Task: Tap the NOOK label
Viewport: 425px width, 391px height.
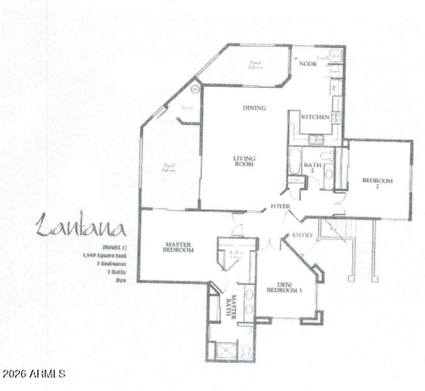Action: pyautogui.click(x=307, y=64)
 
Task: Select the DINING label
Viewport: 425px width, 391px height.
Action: pyautogui.click(x=254, y=108)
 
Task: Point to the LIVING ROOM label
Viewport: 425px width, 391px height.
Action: pyautogui.click(x=244, y=161)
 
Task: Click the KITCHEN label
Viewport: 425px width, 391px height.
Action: pyautogui.click(x=315, y=117)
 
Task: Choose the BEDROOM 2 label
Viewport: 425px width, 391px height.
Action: pyautogui.click(x=377, y=184)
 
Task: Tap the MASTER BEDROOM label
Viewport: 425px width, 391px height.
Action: pyautogui.click(x=177, y=248)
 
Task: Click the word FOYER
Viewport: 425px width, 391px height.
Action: pyautogui.click(x=280, y=206)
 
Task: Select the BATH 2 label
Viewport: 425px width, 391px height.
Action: pyautogui.click(x=312, y=167)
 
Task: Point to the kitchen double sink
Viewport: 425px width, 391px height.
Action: pyautogui.click(x=316, y=139)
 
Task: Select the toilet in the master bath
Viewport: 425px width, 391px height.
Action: pyautogui.click(x=246, y=351)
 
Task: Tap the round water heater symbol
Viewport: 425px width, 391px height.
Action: pyautogui.click(x=194, y=89)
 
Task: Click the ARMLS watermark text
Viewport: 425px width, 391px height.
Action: pyautogui.click(x=33, y=373)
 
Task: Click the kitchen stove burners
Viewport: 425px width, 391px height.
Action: pyautogui.click(x=336, y=117)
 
